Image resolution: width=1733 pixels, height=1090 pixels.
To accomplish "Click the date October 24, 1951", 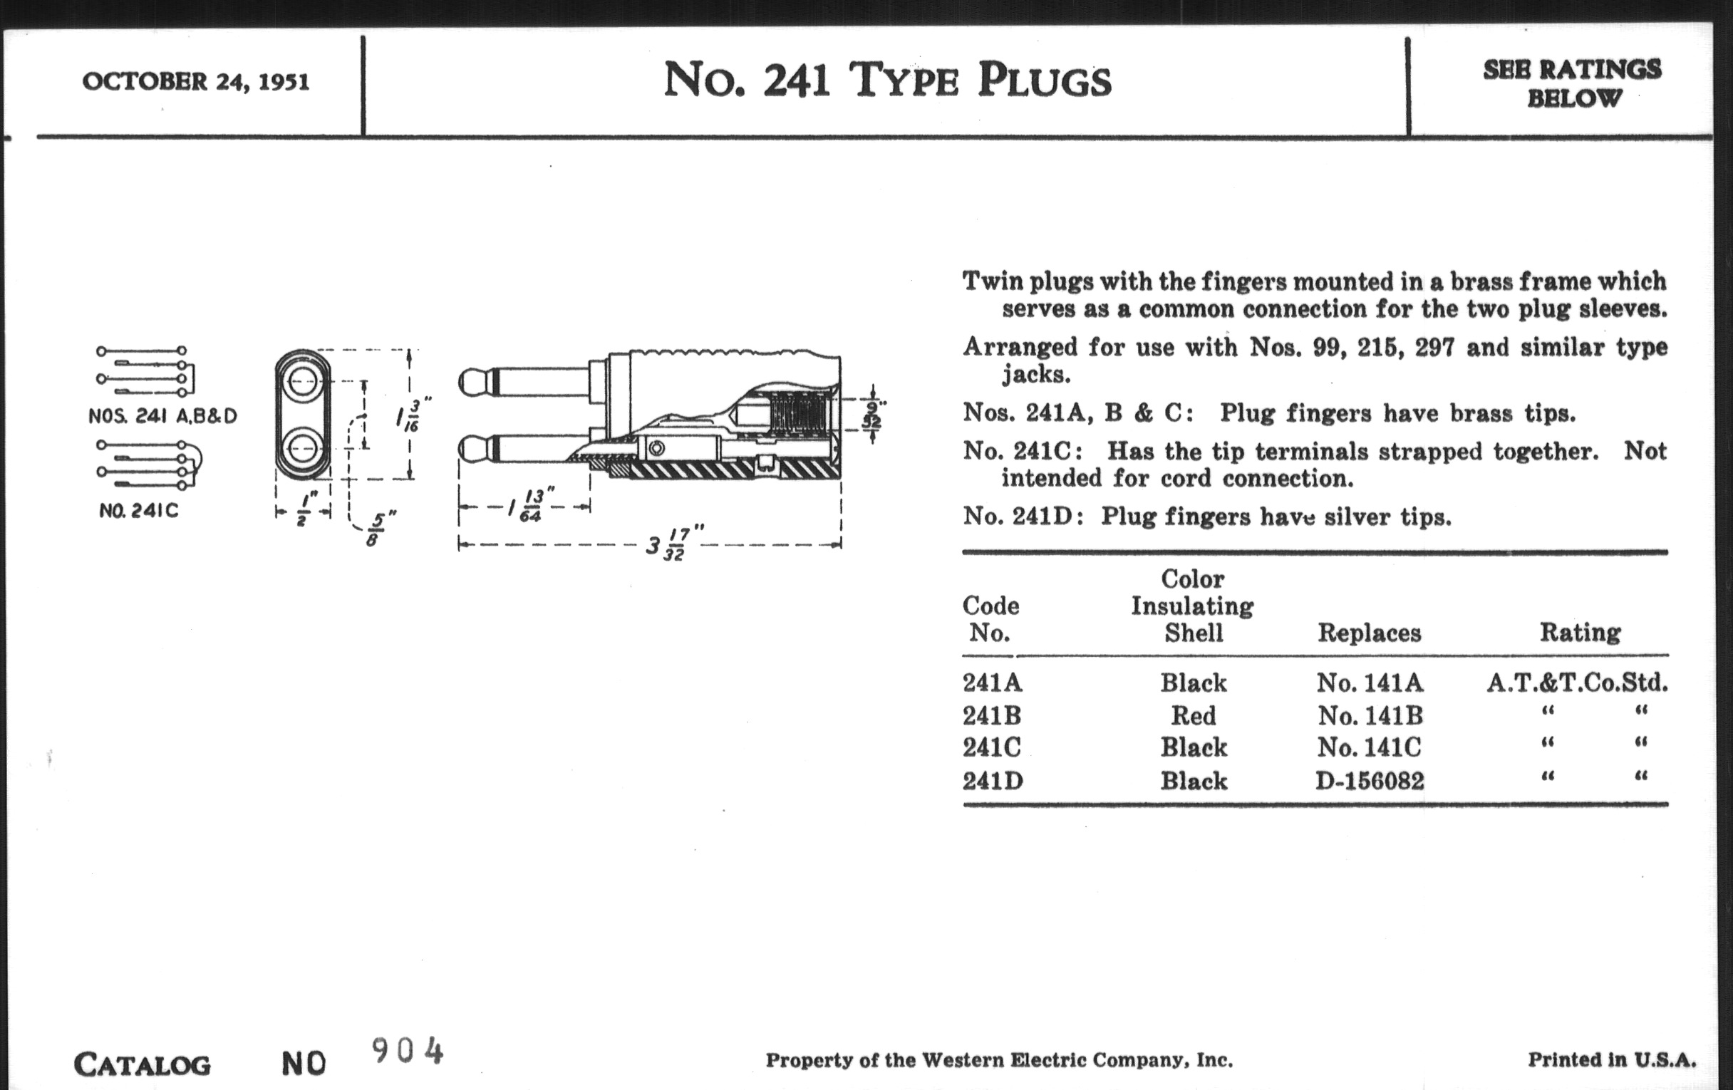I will pyautogui.click(x=196, y=81).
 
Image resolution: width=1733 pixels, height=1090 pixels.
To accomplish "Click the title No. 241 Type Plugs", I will pyautogui.click(x=886, y=80).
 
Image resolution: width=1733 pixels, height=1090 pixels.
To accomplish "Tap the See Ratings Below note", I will pyautogui.click(x=1573, y=83).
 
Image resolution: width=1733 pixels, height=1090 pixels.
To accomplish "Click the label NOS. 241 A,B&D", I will pyautogui.click(x=162, y=416).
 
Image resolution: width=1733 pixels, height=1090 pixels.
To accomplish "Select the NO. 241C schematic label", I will pyautogui.click(x=139, y=511).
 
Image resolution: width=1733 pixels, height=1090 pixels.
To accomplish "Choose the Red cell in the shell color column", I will pyautogui.click(x=1194, y=715).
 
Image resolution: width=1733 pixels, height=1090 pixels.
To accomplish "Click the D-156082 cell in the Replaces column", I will pyautogui.click(x=1370, y=781).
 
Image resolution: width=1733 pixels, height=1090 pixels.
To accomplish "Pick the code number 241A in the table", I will pyautogui.click(x=992, y=682).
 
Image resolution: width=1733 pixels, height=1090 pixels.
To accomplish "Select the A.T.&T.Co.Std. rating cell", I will pyautogui.click(x=1578, y=682).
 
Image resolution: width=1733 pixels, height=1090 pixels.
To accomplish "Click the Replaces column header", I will pyautogui.click(x=1370, y=633).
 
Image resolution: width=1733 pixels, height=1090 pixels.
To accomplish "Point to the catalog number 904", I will pyautogui.click(x=408, y=1052).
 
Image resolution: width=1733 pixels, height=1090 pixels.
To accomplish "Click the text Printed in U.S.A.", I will pyautogui.click(x=1612, y=1060).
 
